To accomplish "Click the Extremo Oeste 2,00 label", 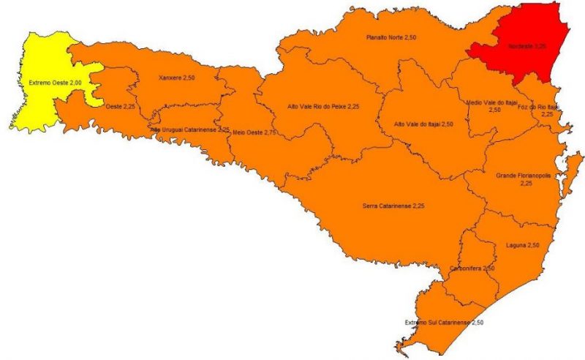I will tap(54, 83).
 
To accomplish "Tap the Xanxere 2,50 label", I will tap(178, 77).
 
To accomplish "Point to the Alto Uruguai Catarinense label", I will tap(190, 129).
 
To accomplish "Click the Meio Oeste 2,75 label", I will tap(254, 132).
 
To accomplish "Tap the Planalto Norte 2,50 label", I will tap(391, 36).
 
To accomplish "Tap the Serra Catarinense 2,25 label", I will tap(393, 206).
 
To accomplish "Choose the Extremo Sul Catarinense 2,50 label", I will tap(445, 322).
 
